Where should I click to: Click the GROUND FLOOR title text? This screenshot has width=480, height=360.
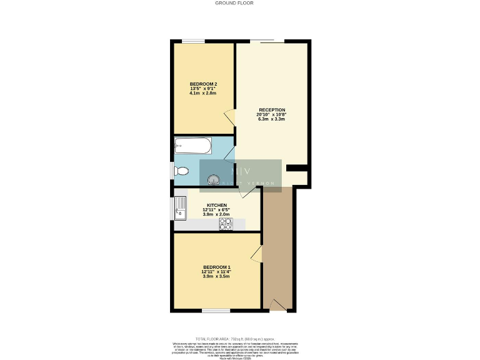pyautogui.click(x=234, y=3)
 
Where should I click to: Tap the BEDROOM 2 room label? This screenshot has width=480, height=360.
pyautogui.click(x=203, y=84)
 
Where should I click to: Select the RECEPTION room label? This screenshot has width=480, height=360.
pyautogui.click(x=272, y=110)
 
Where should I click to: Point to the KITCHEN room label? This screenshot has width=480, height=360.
pyautogui.click(x=216, y=204)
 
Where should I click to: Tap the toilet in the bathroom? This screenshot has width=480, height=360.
pyautogui.click(x=181, y=169)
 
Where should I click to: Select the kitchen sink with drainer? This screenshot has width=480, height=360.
pyautogui.click(x=181, y=207)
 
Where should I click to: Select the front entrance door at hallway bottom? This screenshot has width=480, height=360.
pyautogui.click(x=277, y=305)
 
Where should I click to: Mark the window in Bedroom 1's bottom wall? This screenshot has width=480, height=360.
pyautogui.click(x=216, y=310)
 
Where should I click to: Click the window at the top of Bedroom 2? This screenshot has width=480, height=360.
pyautogui.click(x=194, y=42)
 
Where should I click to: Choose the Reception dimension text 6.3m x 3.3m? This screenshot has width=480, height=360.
pyautogui.click(x=271, y=119)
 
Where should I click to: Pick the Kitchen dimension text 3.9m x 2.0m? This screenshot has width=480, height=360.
pyautogui.click(x=216, y=214)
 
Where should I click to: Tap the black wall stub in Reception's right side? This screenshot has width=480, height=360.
pyautogui.click(x=297, y=167)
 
